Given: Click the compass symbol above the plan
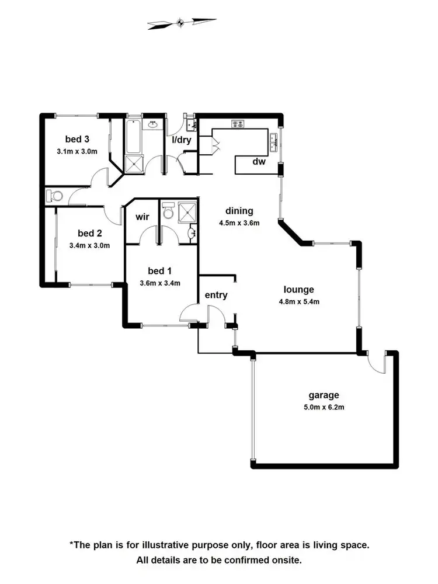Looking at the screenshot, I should coord(181,23).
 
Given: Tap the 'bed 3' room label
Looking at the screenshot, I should coord(77,139).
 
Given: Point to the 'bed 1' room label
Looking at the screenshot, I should coord(160,271).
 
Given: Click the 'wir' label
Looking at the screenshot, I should coord(142,217).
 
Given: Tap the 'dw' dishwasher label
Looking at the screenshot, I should coord(259,162).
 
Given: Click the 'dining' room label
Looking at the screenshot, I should coord(239,211).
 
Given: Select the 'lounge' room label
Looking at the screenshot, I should coord(299,289).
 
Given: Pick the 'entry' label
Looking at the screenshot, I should coord(216,295).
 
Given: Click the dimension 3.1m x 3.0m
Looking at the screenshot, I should coord(77,151).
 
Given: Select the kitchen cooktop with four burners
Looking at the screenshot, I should coord(238,123).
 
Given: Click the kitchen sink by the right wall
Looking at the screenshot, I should coord(273,140).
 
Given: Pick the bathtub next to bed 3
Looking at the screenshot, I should coord(133,135).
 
